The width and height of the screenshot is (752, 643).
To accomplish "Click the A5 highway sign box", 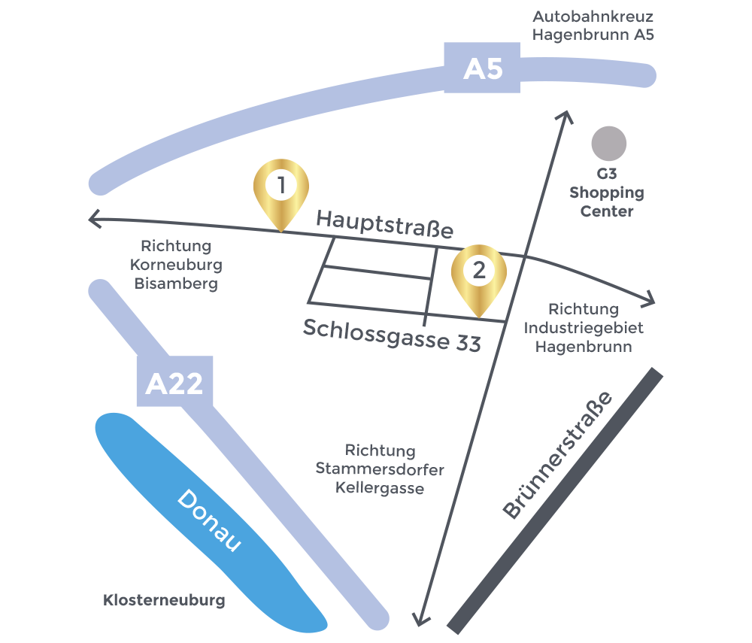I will [x=482, y=68].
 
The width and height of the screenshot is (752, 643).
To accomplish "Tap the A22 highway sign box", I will [x=174, y=384].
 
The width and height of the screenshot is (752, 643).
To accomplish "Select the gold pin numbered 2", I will [x=478, y=274].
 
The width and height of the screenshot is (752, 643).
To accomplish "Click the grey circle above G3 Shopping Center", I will [x=608, y=144].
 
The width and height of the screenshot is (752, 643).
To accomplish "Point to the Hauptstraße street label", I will [x=385, y=224].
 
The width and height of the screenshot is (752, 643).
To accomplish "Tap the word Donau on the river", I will [x=209, y=520].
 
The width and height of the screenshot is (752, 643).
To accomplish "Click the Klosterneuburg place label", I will [x=164, y=601].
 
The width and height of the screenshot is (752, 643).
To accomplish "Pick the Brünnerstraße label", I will [x=557, y=456].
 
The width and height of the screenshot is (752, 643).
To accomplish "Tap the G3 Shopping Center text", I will [x=606, y=193].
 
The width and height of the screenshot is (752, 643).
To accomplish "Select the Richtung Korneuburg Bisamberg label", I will [x=176, y=265].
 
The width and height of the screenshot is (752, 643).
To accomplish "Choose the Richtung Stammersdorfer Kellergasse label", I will [x=380, y=469].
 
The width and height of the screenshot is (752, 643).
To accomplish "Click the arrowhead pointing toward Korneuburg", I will [x=93, y=220].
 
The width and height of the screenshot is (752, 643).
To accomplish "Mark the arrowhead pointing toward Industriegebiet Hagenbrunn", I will [x=650, y=301].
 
